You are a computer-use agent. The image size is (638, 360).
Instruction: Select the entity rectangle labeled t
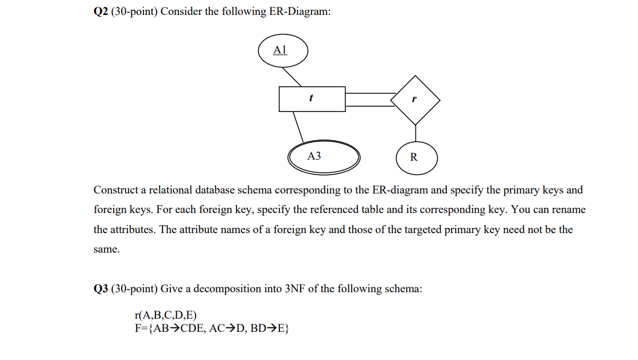tap(312, 99)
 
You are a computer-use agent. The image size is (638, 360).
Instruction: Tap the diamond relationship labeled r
tap(415, 99)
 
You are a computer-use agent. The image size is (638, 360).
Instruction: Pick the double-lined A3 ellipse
tap(324, 156)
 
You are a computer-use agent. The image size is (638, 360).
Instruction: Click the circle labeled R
tap(416, 157)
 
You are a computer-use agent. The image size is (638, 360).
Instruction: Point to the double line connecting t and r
tap(370, 99)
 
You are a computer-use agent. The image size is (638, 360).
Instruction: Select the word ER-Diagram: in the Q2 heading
tap(300, 11)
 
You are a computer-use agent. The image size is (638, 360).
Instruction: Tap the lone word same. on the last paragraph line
tap(106, 250)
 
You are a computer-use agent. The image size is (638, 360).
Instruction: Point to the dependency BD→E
tap(270, 328)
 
